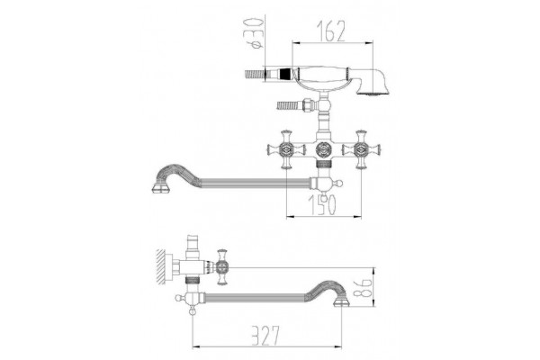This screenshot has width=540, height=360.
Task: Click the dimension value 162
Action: coord(330,31)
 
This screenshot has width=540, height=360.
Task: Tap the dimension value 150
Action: coord(322,205)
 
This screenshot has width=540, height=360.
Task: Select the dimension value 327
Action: coord(265,335)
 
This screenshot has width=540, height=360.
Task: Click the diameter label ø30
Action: coord(256,34)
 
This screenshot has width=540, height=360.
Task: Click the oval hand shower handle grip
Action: coord(323,74)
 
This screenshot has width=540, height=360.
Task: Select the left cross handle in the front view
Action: coord(286,149)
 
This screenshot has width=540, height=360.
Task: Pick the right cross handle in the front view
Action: coord(361,149)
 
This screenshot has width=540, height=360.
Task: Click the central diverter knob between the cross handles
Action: coord(324,149)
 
